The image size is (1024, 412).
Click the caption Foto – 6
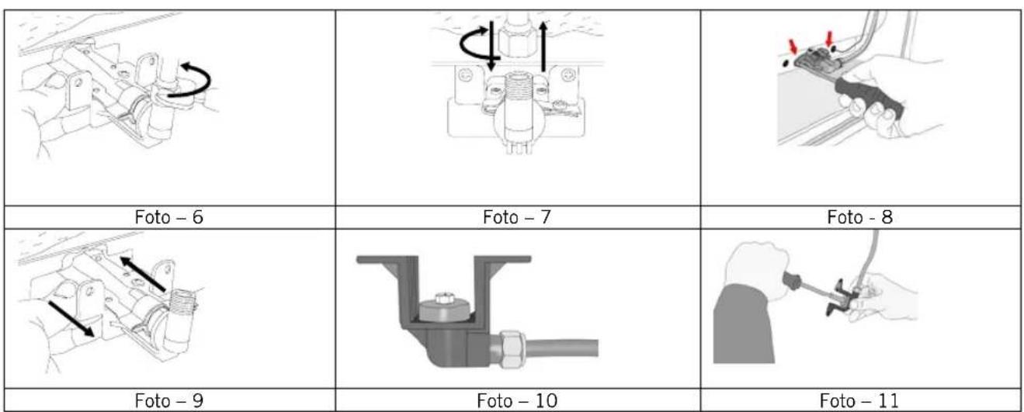click(168, 217)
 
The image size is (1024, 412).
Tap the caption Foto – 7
click(517, 217)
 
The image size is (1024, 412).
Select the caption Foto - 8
click(860, 217)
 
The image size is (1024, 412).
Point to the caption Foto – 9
click(168, 400)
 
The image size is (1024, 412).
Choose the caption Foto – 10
click(517, 400)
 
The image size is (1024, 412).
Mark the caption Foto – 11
click(859, 400)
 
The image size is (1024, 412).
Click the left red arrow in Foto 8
click(793, 45)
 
